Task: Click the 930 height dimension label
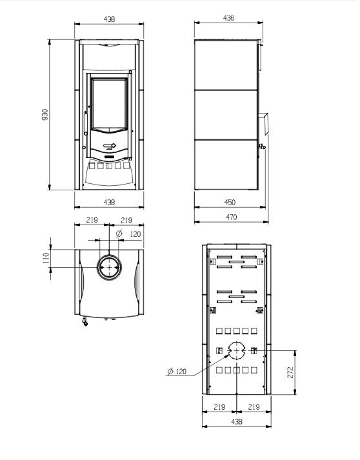pos(45,115)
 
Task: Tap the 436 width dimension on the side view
pos(228,18)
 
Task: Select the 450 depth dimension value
pos(230,203)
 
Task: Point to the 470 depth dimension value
pos(232,217)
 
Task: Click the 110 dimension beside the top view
pos(46,258)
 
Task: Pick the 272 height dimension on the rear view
pos(290,372)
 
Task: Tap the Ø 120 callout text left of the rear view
pos(177,372)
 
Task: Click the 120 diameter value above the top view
pos(135,234)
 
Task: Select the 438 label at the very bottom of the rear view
pos(237,421)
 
